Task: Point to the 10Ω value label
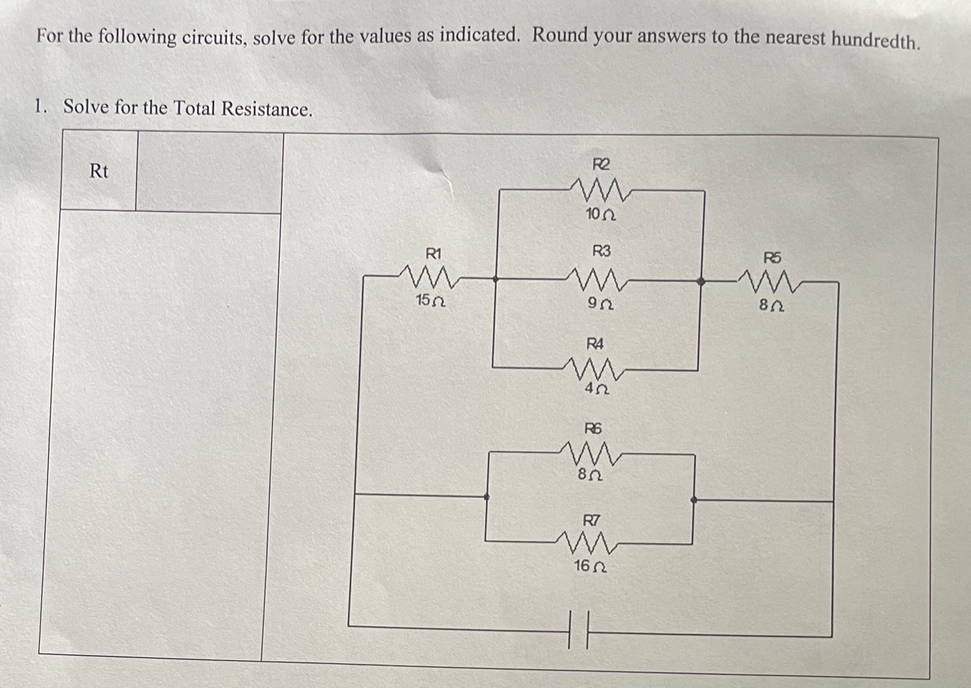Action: click(600, 215)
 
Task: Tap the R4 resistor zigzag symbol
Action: click(596, 368)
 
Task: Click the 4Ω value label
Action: click(596, 390)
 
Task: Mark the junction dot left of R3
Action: click(495, 279)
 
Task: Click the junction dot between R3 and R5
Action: click(701, 282)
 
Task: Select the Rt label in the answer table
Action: click(99, 172)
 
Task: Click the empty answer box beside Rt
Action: click(209, 172)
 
